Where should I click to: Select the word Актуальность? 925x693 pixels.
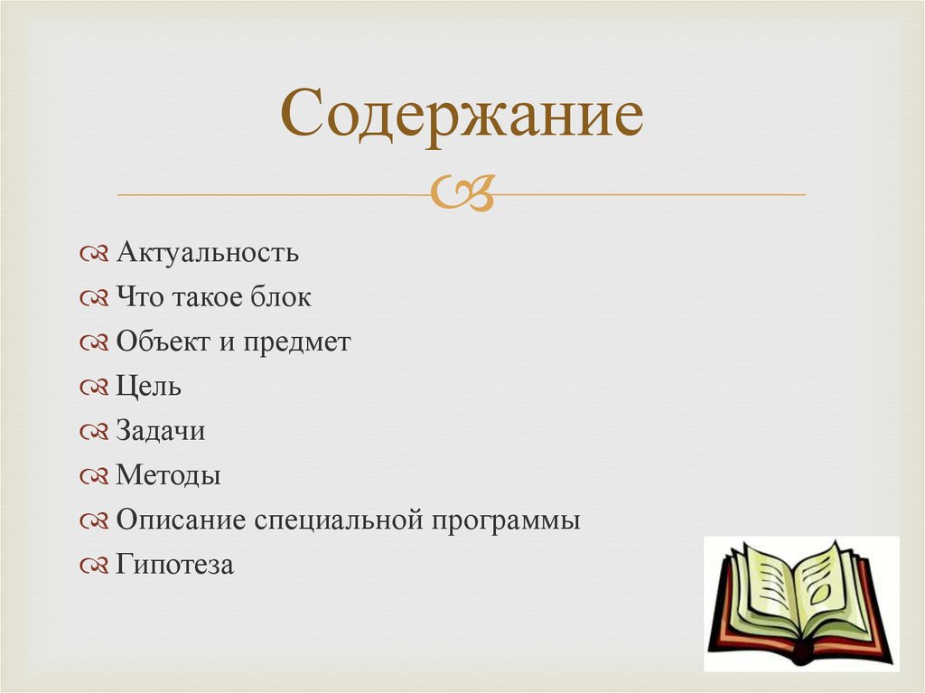pyautogui.click(x=208, y=252)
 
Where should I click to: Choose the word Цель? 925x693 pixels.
pyautogui.click(x=149, y=387)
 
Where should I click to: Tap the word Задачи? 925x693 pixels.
pyautogui.click(x=161, y=431)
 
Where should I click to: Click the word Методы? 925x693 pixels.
pyautogui.click(x=169, y=475)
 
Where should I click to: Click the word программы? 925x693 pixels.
pyautogui.click(x=506, y=521)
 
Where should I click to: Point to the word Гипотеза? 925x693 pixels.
pyautogui.click(x=175, y=566)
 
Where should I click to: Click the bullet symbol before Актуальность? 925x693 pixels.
pyautogui.click(x=94, y=253)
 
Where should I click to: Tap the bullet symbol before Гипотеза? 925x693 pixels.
pyautogui.click(x=94, y=567)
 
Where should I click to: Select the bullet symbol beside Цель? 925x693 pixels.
pyautogui.click(x=94, y=388)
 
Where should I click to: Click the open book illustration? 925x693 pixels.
pyautogui.click(x=800, y=603)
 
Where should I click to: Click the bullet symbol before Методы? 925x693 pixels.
pyautogui.click(x=94, y=476)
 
